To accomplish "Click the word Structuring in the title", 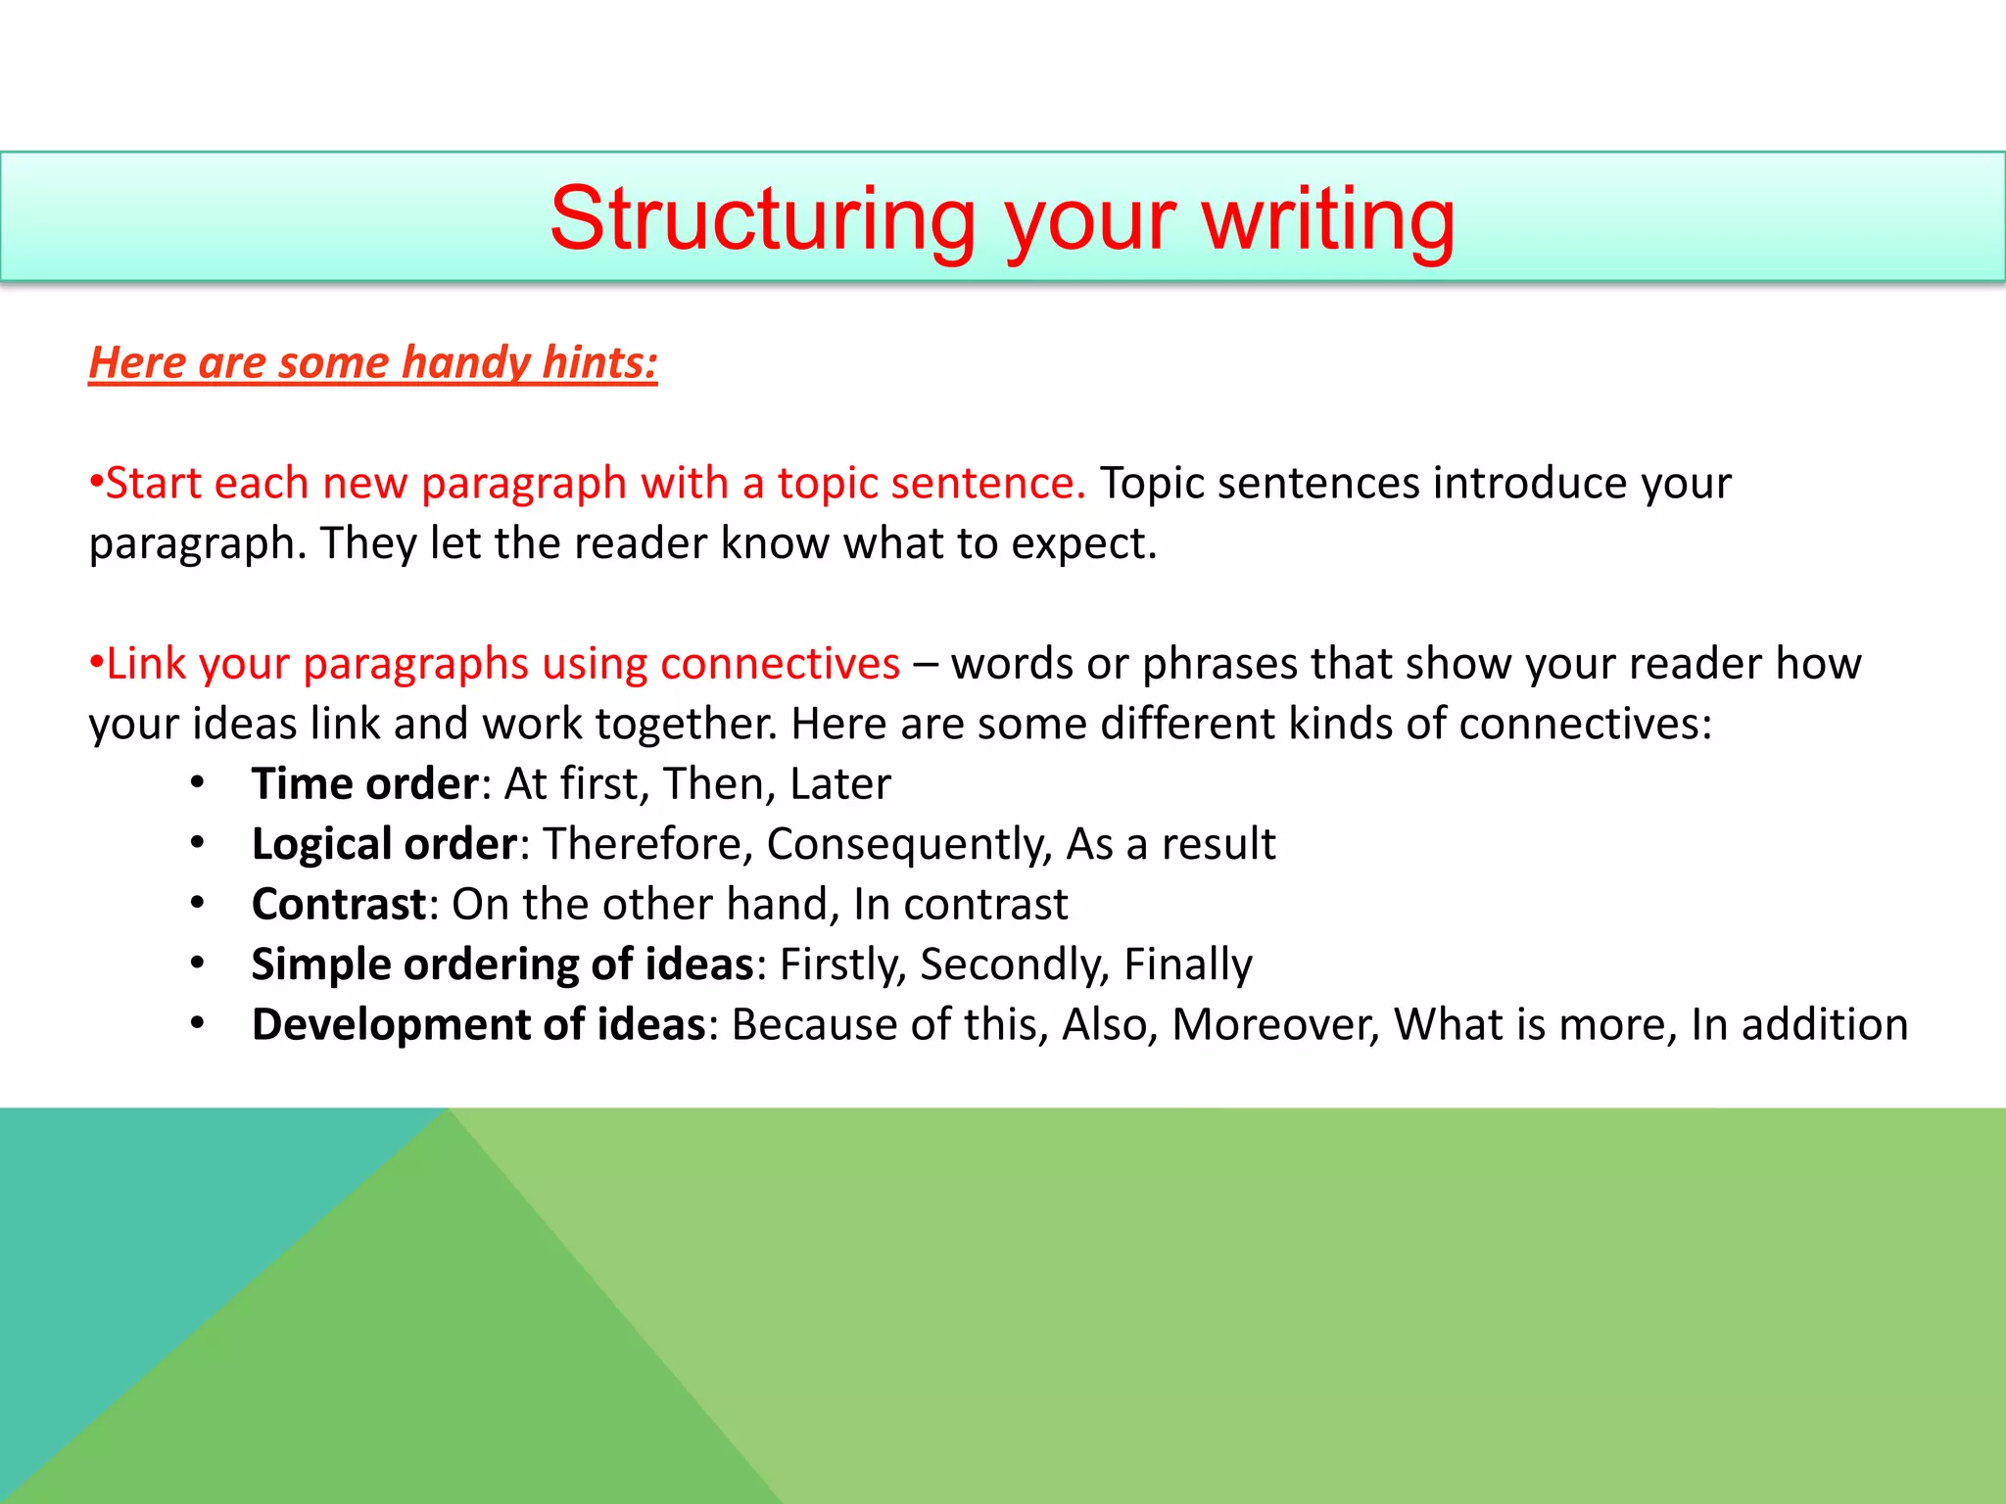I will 762,219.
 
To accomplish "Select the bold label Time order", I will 364,783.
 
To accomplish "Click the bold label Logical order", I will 384,844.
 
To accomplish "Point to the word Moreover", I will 1275,1024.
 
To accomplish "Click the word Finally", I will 1187,964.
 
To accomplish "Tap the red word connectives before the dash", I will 780,664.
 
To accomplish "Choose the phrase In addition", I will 1799,1024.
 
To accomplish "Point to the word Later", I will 840,783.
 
